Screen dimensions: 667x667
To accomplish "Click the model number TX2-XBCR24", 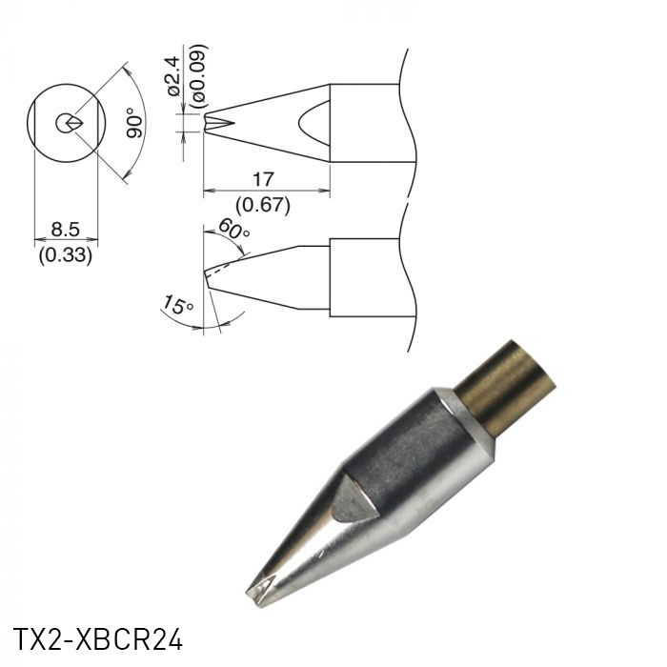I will click(x=97, y=637).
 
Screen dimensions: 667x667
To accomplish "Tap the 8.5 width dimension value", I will click(x=66, y=230).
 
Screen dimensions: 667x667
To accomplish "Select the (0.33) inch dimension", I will click(x=66, y=254).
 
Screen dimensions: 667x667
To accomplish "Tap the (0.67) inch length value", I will click(x=264, y=203).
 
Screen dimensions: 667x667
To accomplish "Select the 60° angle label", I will click(x=233, y=229).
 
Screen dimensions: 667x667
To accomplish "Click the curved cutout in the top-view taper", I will click(x=314, y=123).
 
